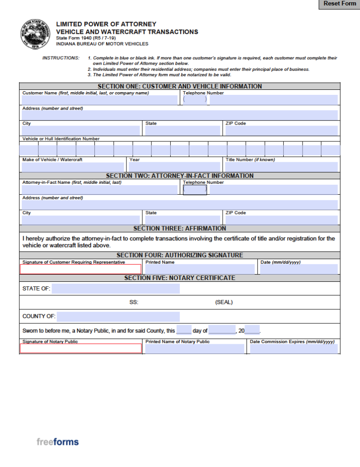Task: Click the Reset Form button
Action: [339, 4]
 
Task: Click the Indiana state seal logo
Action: [33, 34]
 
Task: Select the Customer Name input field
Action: [99, 100]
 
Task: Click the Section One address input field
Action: [180, 115]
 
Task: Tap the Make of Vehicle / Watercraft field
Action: [73, 167]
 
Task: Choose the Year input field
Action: [175, 167]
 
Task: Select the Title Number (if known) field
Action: [281, 167]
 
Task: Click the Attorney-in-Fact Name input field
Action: [99, 189]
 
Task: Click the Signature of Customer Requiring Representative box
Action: [81, 270]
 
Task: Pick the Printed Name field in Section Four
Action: [199, 269]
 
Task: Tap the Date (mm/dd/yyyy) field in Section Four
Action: [298, 269]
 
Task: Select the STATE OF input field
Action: [115, 289]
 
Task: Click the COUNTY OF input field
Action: [118, 317]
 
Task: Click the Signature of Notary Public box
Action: [81, 348]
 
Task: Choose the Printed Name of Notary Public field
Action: [194, 349]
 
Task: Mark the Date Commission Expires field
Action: [293, 349]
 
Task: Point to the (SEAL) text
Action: [224, 302]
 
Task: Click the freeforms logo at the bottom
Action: [57, 441]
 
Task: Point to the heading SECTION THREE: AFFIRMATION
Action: [179, 228]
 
